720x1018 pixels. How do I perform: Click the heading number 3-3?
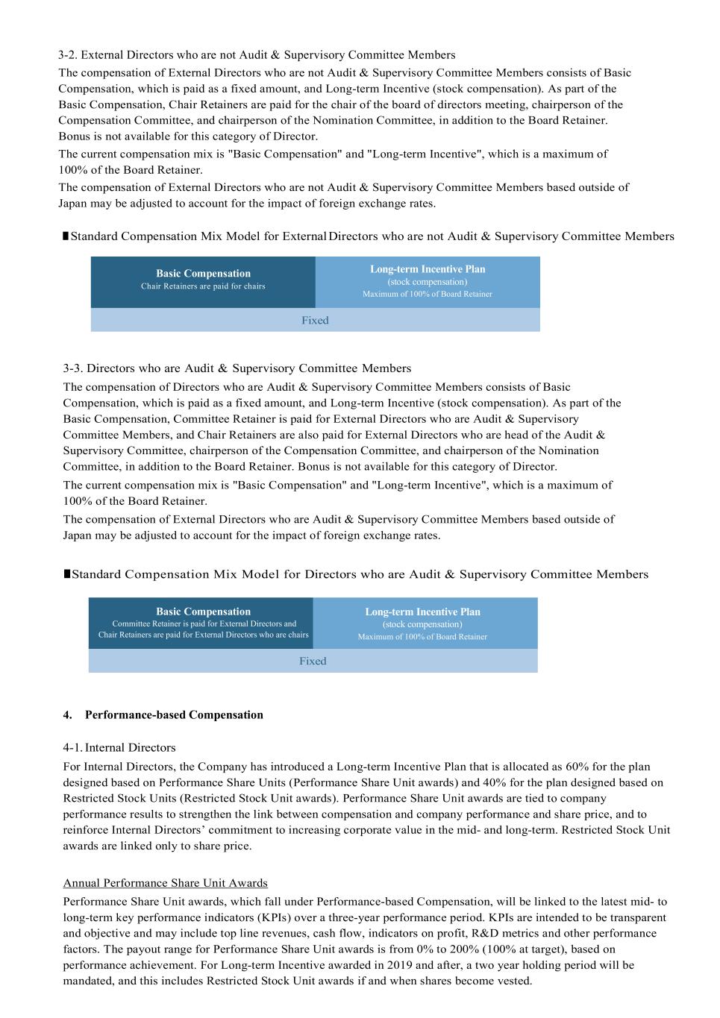coord(72,368)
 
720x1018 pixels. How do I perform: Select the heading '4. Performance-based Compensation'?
coord(163,715)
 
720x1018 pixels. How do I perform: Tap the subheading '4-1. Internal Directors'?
coord(119,748)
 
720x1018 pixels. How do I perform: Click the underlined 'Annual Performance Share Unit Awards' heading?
coord(165,883)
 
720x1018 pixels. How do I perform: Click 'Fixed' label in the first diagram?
coord(315,321)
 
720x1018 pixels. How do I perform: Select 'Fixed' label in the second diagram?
coord(313,662)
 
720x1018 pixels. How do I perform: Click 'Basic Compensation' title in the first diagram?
coord(203,274)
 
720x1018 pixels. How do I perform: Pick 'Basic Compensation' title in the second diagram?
coord(203,612)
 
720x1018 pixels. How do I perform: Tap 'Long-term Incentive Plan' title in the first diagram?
coord(428,269)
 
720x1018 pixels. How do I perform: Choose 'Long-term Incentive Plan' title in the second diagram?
coord(422,612)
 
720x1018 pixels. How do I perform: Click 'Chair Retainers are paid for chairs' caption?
coord(203,286)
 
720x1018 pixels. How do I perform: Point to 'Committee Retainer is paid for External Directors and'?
coord(204,623)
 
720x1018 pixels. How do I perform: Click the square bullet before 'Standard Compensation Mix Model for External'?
coord(66,236)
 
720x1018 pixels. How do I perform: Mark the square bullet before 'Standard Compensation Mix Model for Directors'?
coord(67,574)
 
